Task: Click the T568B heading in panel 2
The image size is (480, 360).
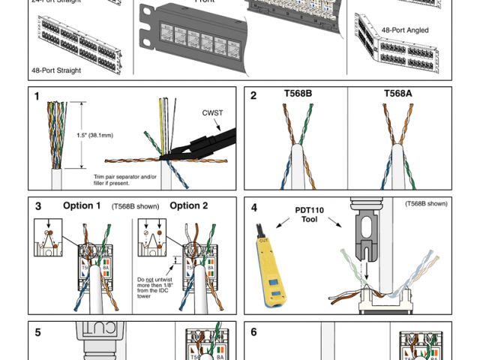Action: (x=298, y=95)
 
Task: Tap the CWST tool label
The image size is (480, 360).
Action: (x=212, y=113)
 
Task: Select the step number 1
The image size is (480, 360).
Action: (x=36, y=96)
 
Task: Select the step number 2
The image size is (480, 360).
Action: (x=253, y=96)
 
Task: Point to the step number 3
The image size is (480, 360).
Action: (x=36, y=205)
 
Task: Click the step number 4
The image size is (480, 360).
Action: (x=253, y=208)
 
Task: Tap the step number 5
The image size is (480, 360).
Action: (x=36, y=331)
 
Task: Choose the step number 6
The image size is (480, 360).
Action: (x=253, y=331)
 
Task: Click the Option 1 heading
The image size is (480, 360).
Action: (x=82, y=205)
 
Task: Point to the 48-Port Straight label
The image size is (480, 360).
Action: (x=57, y=70)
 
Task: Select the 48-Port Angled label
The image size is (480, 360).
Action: (x=404, y=30)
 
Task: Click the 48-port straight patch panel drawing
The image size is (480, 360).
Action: (x=75, y=42)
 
